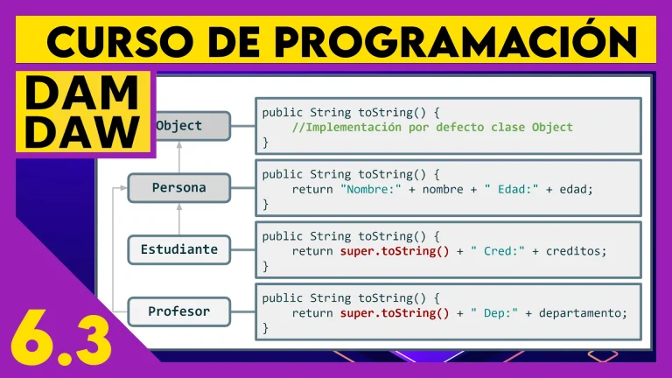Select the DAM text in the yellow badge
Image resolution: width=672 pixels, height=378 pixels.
pos(82,93)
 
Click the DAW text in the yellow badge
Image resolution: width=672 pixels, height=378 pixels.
pos(82,131)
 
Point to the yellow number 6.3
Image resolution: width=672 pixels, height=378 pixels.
pos(61,340)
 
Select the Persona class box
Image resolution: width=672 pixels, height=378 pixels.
pos(179,188)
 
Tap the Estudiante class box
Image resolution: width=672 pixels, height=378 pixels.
pos(179,249)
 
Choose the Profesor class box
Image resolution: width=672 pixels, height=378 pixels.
pos(179,311)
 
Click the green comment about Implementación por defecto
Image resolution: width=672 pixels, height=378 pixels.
pos(432,127)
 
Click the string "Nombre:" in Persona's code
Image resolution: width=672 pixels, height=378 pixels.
pos(371,189)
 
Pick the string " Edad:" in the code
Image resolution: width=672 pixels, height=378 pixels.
pos(511,189)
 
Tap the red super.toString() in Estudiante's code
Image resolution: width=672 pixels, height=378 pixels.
pos(395,251)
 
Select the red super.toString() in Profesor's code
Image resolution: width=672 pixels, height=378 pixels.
pos(395,313)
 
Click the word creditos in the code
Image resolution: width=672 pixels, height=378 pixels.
pos(576,251)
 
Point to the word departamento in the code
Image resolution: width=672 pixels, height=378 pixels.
pos(583,313)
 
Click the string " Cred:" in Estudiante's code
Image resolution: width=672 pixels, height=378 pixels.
pos(498,251)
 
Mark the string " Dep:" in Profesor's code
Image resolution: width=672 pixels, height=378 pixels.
pos(494,313)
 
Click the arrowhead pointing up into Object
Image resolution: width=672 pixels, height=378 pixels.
pos(179,145)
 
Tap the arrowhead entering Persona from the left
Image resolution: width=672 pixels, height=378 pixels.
pos(124,188)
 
